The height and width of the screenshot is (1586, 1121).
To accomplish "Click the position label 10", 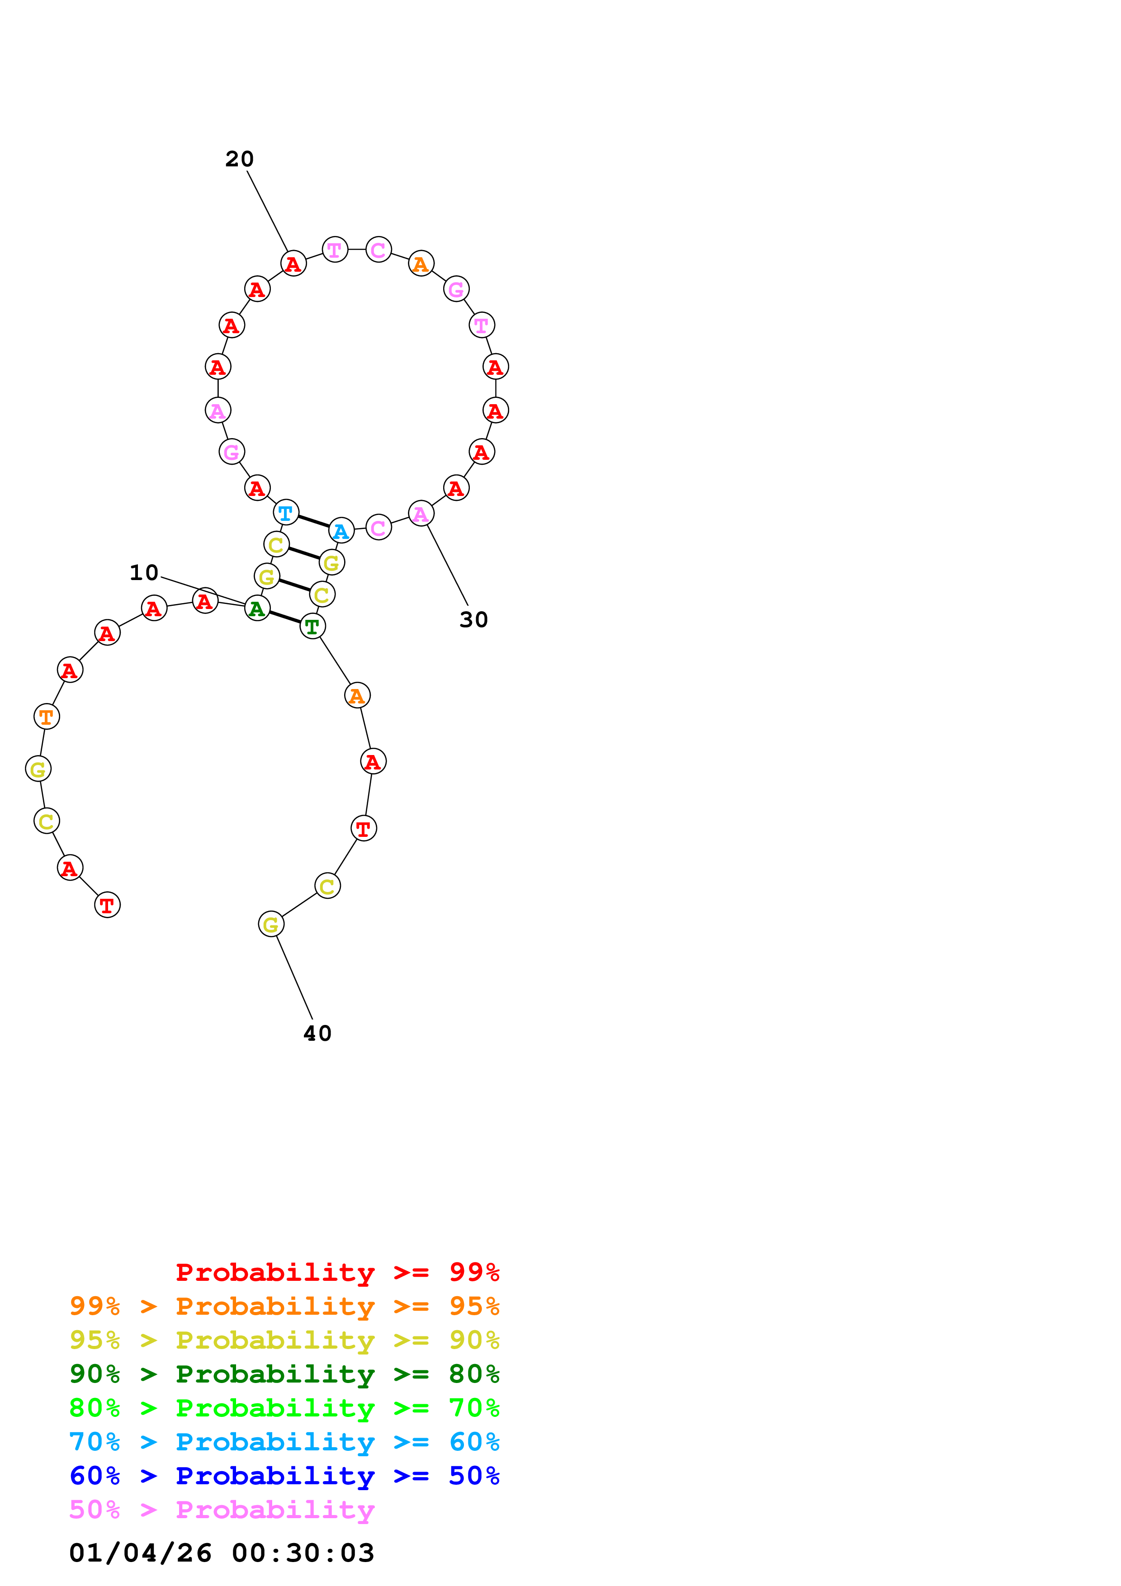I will (x=144, y=573).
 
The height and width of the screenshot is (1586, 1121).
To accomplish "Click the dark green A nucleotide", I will (x=257, y=608).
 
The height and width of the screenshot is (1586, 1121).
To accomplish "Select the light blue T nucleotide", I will (x=285, y=513).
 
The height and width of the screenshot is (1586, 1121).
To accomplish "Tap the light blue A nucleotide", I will (x=341, y=530).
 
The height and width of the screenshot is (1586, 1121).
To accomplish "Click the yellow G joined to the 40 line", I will (x=271, y=924).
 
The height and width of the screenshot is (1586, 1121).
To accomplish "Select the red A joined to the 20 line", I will (x=293, y=263).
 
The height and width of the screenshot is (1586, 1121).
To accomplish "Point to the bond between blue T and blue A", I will (x=313, y=522).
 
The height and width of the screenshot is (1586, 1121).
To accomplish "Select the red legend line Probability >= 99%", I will (x=337, y=1272).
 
